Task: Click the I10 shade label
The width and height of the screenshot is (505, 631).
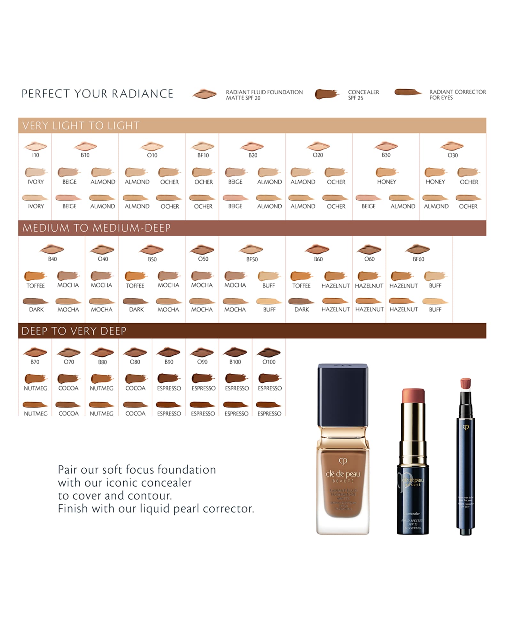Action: tap(35, 155)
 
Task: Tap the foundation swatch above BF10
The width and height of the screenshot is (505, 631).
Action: tap(203, 147)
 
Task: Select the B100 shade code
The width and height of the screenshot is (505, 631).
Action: tap(235, 362)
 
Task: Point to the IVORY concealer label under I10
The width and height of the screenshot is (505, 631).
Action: tap(35, 182)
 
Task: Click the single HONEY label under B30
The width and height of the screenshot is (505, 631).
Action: tap(386, 182)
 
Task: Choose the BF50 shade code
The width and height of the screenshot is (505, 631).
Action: tap(252, 259)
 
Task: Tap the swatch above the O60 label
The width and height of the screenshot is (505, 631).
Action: tap(369, 249)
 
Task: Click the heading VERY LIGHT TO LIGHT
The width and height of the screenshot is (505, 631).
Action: tap(81, 126)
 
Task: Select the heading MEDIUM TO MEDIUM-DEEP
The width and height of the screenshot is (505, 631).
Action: tap(96, 228)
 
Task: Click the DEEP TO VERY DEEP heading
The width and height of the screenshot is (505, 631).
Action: tap(74, 331)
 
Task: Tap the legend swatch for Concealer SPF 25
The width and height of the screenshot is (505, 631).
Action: tap(326, 94)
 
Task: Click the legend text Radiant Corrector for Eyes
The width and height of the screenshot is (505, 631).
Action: tap(457, 95)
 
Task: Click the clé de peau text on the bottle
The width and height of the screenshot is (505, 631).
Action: tap(343, 474)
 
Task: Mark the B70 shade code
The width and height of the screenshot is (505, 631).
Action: tap(35, 362)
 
